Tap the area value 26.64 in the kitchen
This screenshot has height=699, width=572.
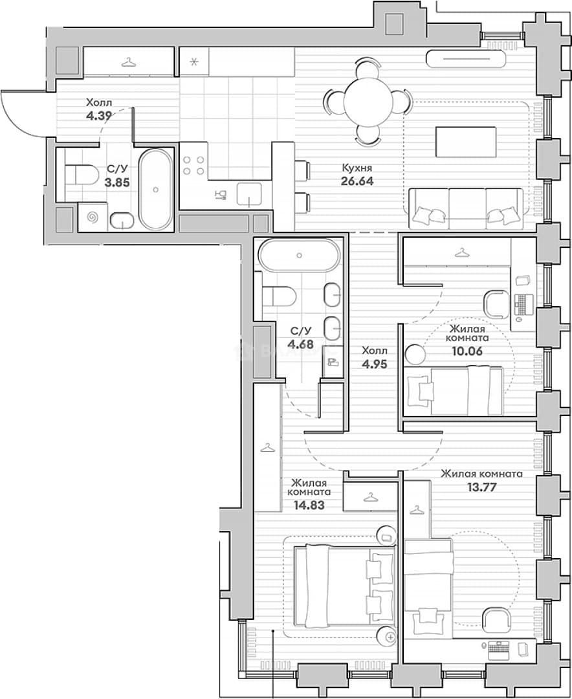358,181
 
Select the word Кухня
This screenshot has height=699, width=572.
357,168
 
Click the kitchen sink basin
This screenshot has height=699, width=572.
248,194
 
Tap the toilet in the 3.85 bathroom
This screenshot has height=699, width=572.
82,175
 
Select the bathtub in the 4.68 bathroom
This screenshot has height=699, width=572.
299,255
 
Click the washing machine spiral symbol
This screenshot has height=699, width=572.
93,217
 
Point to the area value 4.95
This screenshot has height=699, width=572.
375,364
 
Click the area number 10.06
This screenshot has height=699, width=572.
467,351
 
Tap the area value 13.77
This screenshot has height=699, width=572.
481,487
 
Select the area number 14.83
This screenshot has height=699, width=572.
309,505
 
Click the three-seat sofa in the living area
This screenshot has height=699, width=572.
466,208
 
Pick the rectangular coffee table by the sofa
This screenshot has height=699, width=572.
466,142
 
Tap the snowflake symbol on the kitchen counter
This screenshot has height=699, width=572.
194,61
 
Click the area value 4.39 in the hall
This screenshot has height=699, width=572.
99,116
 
